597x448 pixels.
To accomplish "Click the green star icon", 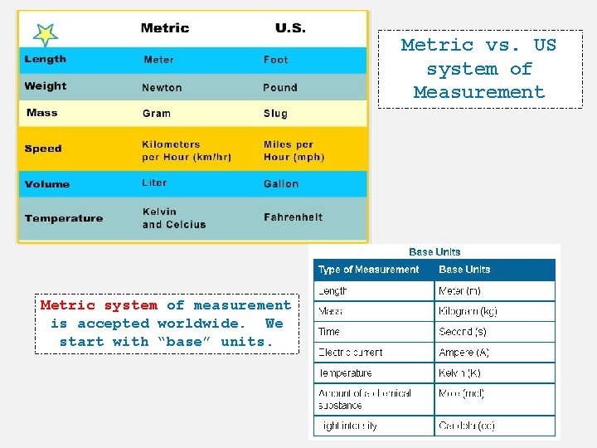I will [45, 34].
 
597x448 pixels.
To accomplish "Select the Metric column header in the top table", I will [165, 28].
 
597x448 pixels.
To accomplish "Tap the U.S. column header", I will [290, 28].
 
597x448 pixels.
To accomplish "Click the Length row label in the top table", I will [46, 59].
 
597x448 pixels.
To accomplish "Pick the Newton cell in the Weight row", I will [162, 88].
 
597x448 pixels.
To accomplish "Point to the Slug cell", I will [275, 114].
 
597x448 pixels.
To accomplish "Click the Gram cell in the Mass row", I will [157, 114].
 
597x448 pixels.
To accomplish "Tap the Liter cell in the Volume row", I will [154, 183].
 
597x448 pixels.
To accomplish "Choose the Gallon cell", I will [281, 183].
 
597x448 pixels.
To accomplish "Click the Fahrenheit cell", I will [293, 217].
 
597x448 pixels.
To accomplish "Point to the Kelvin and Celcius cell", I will [173, 218].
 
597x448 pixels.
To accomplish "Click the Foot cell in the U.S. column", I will [276, 60].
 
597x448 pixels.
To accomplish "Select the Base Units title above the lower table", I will [434, 251].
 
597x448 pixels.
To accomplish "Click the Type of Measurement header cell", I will [369, 270].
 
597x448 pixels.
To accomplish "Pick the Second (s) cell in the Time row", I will [463, 332].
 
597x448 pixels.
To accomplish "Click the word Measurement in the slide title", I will [479, 92].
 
